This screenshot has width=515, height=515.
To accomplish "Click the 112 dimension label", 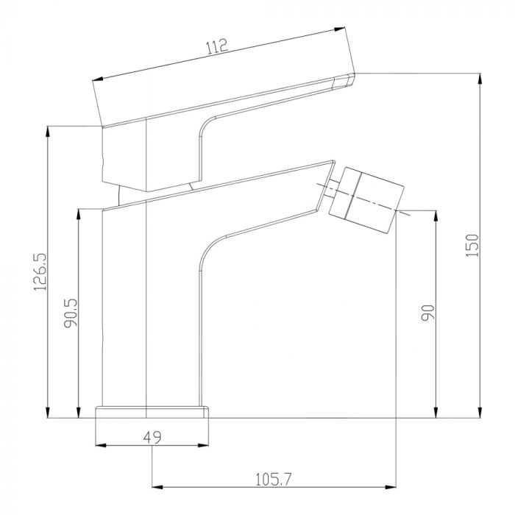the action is point(217,46).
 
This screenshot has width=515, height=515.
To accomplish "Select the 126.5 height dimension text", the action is point(40,271).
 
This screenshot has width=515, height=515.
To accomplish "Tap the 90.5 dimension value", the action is point(71,313).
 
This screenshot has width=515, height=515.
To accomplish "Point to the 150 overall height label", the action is point(472,245).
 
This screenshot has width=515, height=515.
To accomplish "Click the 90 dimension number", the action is point(428,313).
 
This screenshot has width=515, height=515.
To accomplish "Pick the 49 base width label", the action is point(152,437).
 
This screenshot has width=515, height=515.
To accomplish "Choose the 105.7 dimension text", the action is point(273,480).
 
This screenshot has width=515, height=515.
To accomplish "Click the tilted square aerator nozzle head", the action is point(366,200).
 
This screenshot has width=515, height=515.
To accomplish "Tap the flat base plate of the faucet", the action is point(152,412).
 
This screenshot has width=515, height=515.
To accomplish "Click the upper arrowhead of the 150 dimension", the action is point(480,79).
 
